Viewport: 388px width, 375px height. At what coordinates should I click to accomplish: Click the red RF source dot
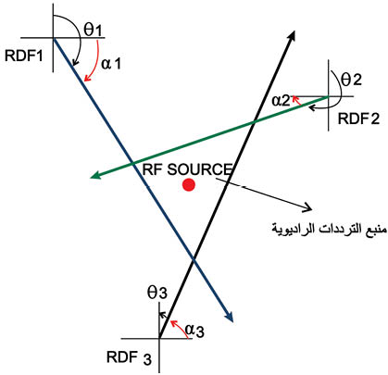[x=188, y=185]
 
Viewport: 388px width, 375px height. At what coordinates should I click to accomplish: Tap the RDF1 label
[x=24, y=56]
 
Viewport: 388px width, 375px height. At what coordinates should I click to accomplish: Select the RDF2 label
[x=358, y=119]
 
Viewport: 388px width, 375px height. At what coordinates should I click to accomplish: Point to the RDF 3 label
[x=129, y=358]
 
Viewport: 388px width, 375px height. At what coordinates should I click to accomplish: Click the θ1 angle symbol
[x=93, y=30]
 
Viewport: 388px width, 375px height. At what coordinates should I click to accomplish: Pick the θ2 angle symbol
[x=352, y=80]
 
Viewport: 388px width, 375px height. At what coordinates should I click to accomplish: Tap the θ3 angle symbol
[x=157, y=293]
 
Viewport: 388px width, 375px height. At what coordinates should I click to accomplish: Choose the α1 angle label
[x=111, y=64]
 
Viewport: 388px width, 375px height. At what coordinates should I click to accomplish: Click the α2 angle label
[x=281, y=101]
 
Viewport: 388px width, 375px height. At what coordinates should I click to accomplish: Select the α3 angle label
[x=194, y=331]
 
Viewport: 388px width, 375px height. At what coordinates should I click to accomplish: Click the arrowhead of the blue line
[x=230, y=318]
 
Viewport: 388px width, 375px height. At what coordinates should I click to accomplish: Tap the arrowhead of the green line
[x=94, y=175]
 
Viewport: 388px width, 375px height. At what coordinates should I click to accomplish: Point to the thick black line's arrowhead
[x=292, y=35]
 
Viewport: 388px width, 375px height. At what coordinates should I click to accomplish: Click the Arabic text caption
[x=329, y=229]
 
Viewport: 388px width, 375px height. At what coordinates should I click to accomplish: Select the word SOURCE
[x=200, y=169]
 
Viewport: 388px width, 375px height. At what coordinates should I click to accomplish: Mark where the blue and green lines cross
[x=132, y=163]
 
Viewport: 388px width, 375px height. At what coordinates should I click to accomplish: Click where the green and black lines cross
[x=254, y=122]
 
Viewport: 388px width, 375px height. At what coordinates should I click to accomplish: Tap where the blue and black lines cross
[x=194, y=260]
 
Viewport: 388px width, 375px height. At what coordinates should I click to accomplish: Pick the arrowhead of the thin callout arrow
[x=307, y=208]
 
